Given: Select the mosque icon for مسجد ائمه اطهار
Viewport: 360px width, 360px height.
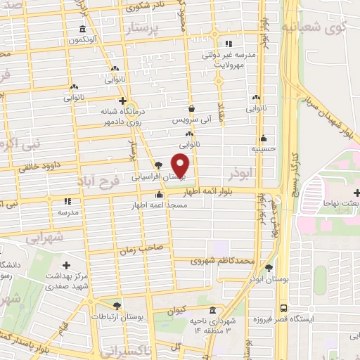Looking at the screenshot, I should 160,195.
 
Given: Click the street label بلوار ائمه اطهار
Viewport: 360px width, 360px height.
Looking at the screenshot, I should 211,191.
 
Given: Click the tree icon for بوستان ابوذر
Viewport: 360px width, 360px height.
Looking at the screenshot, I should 269,268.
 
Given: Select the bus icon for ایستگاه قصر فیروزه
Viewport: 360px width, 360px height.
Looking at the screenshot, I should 283,308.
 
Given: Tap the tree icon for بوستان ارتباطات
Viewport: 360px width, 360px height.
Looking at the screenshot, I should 117,306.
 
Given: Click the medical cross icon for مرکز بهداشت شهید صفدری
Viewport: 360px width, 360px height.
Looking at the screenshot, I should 67,265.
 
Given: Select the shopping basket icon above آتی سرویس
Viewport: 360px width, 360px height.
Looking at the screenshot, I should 191,109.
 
